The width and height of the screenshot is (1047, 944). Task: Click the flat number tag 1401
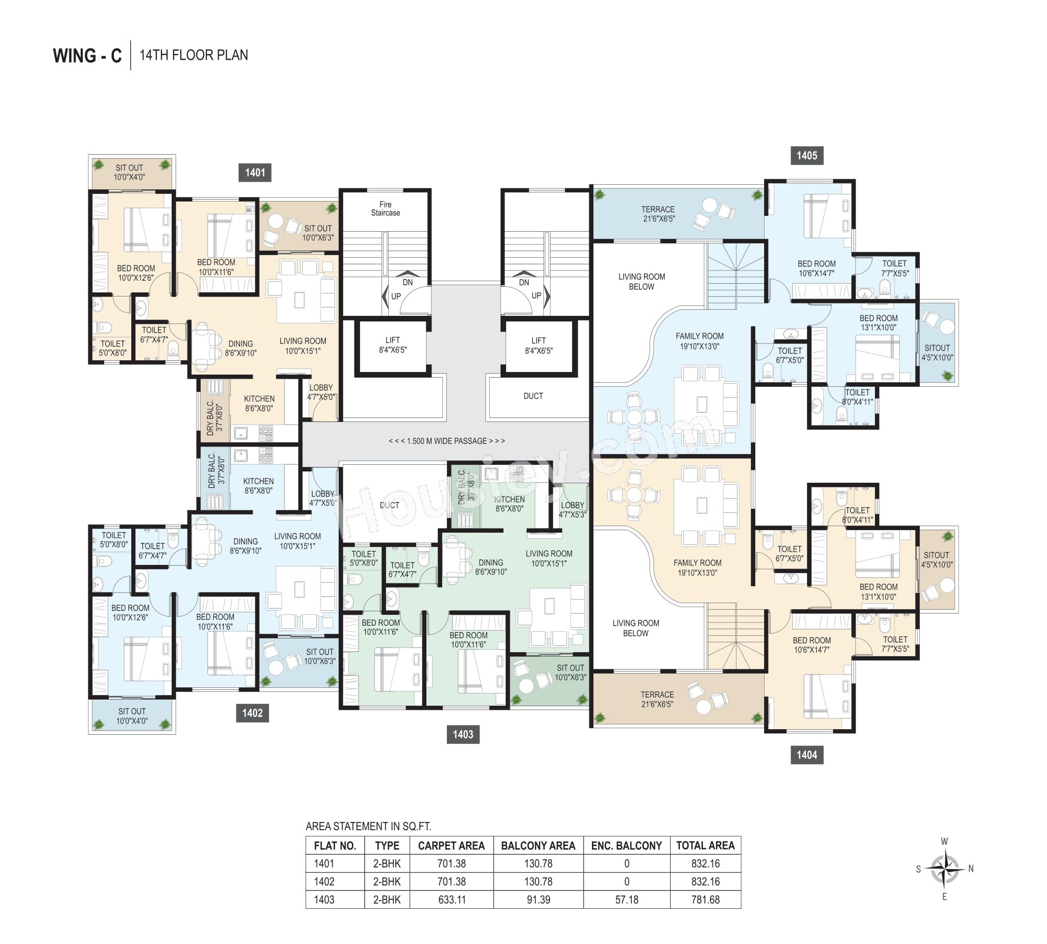coord(255,172)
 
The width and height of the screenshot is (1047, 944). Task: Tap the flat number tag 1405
coord(806,156)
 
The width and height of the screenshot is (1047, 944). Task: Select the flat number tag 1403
coord(463,734)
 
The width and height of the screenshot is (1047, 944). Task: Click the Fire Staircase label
coord(386,209)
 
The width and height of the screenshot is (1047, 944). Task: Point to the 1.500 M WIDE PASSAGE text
coord(447,441)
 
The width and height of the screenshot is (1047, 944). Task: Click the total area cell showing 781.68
coord(705,900)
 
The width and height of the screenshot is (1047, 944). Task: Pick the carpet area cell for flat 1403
coord(451,900)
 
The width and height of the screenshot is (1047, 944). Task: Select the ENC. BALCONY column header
coord(627,846)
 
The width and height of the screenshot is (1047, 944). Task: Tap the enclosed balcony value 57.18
coord(627,900)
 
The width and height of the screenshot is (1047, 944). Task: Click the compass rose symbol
coord(944,869)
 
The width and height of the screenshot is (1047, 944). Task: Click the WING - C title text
coord(87,56)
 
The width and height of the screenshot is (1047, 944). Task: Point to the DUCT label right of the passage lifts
coord(533,396)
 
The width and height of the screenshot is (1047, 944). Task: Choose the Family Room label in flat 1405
coord(699,341)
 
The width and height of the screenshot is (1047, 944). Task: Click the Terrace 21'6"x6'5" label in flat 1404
coord(657,699)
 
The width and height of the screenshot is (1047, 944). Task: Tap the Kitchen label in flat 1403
coord(509,504)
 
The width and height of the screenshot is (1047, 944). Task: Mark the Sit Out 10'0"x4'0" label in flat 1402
coord(132,716)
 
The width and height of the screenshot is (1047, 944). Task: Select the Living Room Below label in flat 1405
coord(641,282)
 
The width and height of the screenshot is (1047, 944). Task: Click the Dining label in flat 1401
coord(241,348)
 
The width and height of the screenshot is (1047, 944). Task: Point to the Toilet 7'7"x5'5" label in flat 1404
coord(895,643)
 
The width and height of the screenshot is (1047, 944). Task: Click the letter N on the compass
coord(971,869)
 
